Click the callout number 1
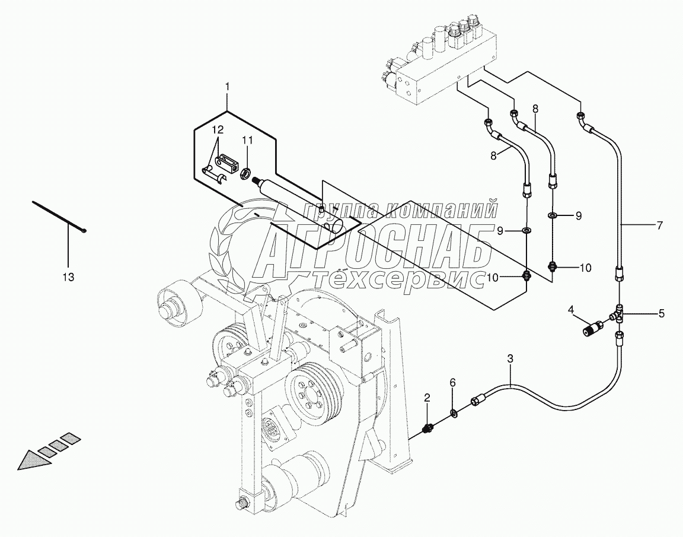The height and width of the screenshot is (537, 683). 227,87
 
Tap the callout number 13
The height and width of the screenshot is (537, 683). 69,277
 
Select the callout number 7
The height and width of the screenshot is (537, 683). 659,225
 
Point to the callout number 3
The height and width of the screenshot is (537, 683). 510,358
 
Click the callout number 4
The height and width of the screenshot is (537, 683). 570,309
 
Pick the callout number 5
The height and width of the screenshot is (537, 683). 662,313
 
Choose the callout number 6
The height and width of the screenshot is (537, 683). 452,383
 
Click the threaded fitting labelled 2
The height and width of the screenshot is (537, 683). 427,428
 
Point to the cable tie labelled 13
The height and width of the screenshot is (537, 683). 59,217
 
